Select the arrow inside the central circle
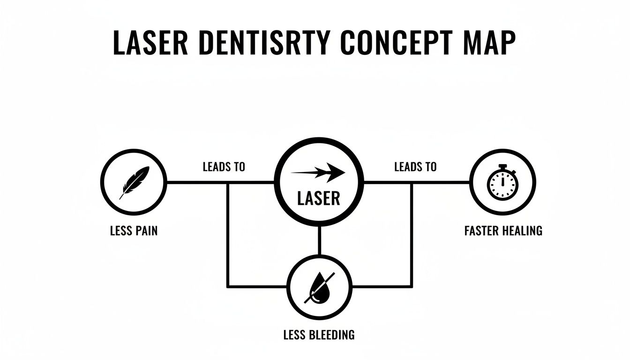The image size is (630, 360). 319,172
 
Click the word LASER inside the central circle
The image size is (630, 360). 319,198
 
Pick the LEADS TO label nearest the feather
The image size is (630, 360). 224,167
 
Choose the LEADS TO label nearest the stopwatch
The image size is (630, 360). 415,167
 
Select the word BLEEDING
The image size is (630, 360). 330,335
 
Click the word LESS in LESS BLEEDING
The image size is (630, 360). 294,335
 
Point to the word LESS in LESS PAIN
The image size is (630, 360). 120,231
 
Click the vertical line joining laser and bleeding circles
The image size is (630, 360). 319,240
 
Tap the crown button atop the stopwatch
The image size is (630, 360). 502,166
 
